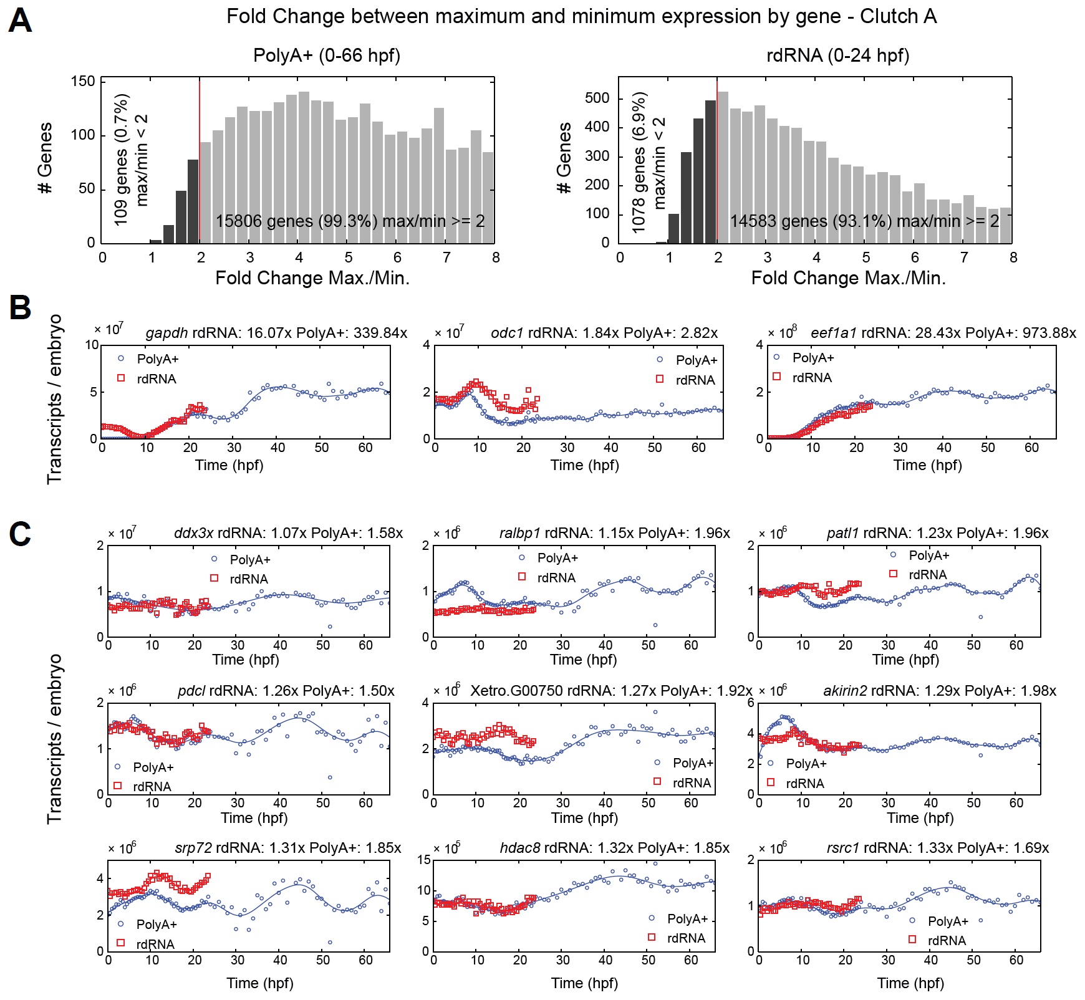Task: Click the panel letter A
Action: tap(20, 21)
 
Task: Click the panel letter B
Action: tap(20, 307)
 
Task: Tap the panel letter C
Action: tap(20, 534)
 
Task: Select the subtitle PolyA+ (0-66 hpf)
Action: tap(327, 55)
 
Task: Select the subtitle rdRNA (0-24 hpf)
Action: tap(837, 55)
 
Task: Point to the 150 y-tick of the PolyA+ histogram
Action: tap(84, 82)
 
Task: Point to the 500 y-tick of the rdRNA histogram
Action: tap(597, 99)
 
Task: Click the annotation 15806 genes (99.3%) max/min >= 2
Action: tap(350, 221)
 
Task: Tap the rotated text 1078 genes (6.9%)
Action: tap(639, 163)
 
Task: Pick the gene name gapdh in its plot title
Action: tap(166, 333)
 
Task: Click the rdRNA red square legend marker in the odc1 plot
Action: tap(660, 379)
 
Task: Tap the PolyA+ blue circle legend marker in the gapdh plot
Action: tap(121, 358)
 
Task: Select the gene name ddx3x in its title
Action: tap(193, 533)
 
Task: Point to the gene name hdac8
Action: tap(520, 848)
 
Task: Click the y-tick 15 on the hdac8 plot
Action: tap(424, 860)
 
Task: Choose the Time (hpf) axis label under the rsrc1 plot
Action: tap(910, 983)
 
